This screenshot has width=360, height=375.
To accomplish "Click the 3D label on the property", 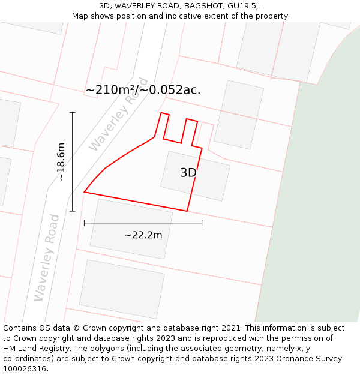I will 188,173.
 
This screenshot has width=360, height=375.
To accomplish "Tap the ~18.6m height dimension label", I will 61,161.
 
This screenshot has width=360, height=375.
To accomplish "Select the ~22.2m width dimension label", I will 143,235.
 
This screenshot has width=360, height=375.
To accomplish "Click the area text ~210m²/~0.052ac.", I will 143,90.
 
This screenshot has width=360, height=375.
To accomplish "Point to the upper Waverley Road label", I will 118,115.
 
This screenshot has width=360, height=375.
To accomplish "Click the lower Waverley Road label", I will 47,257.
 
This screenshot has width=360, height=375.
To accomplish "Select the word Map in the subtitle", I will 80,16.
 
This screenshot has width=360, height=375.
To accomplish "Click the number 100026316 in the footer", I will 25,369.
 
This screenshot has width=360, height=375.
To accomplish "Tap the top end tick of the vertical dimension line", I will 73,113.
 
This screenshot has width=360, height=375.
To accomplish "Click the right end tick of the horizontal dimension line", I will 202,223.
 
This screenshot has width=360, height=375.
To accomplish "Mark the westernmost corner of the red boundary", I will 84,192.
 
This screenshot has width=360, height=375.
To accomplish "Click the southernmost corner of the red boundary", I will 187,211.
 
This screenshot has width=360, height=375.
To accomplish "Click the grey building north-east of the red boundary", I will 239,115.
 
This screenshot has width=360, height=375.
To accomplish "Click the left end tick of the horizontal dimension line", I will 85,223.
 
